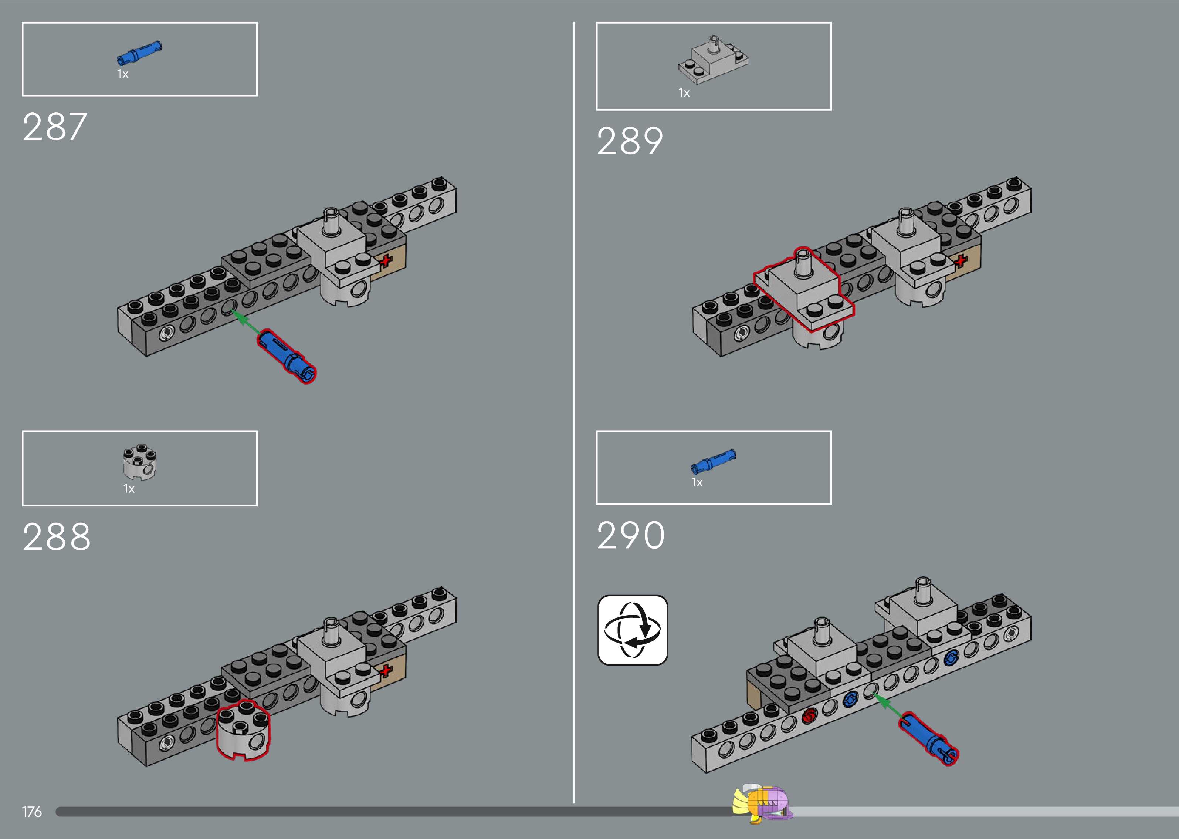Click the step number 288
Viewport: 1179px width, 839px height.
[56, 537]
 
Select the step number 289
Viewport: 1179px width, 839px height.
[629, 141]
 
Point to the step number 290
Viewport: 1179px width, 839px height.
[630, 535]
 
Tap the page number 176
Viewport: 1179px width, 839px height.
[31, 812]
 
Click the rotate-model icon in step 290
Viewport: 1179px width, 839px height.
[632, 630]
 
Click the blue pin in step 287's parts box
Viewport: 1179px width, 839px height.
[139, 53]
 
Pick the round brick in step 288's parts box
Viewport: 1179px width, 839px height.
[139, 461]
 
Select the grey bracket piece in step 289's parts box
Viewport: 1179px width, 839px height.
[714, 60]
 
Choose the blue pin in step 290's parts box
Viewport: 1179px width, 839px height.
[714, 461]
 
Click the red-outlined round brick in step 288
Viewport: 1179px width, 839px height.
[243, 730]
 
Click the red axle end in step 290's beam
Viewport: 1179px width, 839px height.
[809, 715]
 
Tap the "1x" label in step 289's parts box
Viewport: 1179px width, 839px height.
[684, 93]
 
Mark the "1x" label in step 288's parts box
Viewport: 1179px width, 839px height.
[129, 489]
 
